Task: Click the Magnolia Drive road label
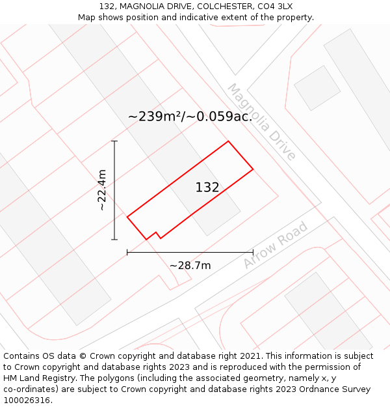tap(261, 122)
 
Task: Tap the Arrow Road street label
tap(275, 245)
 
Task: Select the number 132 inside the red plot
tap(207, 188)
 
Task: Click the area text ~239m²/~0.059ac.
tap(190, 117)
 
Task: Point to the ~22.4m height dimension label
tap(102, 189)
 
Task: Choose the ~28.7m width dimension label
tap(190, 265)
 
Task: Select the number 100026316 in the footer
tap(26, 400)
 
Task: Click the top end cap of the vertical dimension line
tap(114, 141)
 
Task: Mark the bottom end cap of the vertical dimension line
tap(114, 240)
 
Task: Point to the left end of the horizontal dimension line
tap(127, 253)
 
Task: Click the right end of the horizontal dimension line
tap(253, 253)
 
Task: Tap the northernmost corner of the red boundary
tap(228, 141)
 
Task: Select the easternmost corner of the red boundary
tap(253, 170)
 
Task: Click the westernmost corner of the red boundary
tap(127, 216)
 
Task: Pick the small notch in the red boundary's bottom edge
tap(156, 233)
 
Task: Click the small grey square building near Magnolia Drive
tap(317, 88)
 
